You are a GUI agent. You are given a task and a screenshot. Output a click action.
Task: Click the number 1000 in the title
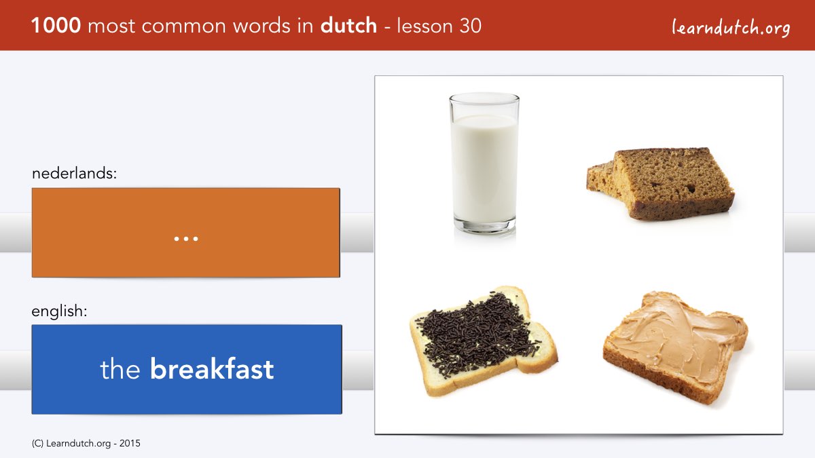56,26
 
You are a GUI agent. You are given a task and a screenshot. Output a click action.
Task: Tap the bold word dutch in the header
348,26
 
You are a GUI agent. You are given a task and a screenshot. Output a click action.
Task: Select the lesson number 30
470,26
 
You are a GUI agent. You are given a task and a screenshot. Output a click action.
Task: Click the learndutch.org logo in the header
731,28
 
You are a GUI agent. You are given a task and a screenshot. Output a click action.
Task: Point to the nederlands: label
74,173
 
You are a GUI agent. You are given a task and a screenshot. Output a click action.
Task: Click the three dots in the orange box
186,239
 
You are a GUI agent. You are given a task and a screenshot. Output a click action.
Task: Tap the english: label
59,311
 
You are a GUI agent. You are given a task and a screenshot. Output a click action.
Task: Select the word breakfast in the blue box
212,368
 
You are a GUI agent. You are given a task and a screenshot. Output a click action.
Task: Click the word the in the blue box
120,369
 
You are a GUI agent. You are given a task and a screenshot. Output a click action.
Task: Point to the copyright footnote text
86,444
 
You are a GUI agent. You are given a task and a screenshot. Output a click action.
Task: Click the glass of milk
484,164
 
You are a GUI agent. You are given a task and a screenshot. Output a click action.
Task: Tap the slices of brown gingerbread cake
660,184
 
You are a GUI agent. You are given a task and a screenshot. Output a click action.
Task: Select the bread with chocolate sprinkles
484,341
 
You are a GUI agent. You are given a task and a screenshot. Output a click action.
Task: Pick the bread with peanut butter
676,347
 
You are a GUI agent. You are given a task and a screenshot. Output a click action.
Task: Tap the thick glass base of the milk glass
485,226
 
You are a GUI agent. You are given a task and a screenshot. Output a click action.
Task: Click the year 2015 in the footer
130,444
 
